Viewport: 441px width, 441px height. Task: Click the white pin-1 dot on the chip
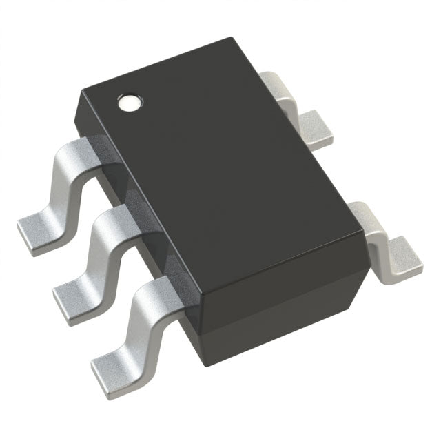[x=129, y=103]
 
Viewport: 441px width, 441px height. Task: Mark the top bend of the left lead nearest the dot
[x=77, y=152]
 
